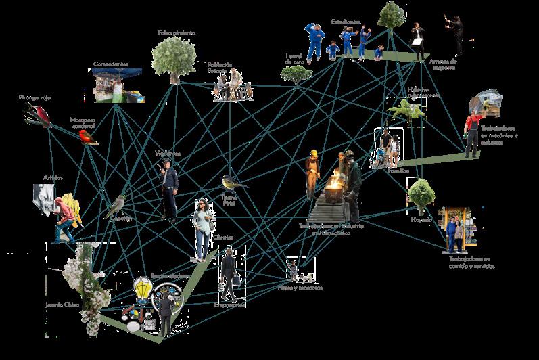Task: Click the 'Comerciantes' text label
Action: tap(110, 64)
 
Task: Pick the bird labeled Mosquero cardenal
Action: tap(87, 137)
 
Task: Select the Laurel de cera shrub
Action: tap(296, 74)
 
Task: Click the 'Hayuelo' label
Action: tap(421, 219)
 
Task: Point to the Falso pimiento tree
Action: tap(174, 56)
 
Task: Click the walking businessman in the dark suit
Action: tap(229, 274)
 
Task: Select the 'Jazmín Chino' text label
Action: tap(62, 305)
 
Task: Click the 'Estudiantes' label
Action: tap(346, 22)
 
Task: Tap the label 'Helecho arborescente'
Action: tap(423, 93)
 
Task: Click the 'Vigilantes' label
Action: tap(168, 153)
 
